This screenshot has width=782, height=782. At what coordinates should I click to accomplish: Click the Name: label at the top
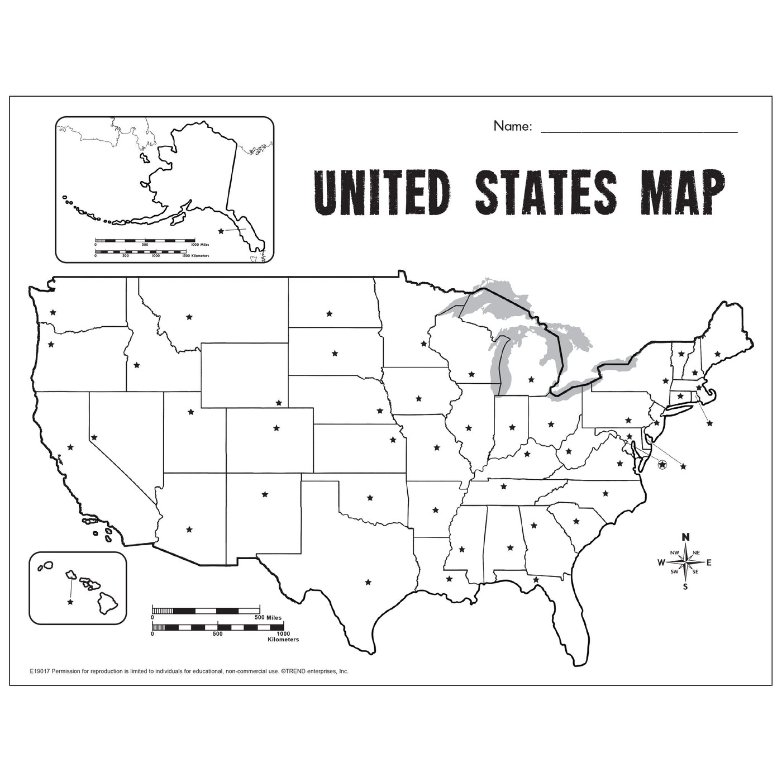pyautogui.click(x=512, y=127)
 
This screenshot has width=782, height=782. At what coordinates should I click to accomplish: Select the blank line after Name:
pyautogui.click(x=639, y=131)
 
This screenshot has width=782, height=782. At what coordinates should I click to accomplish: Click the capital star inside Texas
pyautogui.click(x=368, y=582)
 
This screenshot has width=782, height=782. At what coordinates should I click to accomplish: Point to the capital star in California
pyautogui.click(x=70, y=447)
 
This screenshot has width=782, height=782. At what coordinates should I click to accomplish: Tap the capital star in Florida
pyautogui.click(x=536, y=580)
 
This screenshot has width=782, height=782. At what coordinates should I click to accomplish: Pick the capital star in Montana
pyautogui.click(x=189, y=317)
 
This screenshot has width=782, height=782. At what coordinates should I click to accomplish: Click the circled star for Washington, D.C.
pyautogui.click(x=662, y=464)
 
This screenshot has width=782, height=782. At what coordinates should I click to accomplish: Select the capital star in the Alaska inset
pyautogui.click(x=221, y=231)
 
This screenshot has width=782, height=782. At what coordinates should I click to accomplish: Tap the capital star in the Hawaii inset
pyautogui.click(x=70, y=602)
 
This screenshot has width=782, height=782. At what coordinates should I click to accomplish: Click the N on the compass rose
pyautogui.click(x=686, y=537)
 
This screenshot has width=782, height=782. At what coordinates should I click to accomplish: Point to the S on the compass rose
pyautogui.click(x=685, y=587)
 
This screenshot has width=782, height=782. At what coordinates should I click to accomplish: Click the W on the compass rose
pyautogui.click(x=661, y=562)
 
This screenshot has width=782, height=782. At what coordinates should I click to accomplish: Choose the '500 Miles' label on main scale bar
pyautogui.click(x=268, y=618)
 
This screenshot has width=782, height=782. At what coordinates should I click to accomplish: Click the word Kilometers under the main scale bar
pyautogui.click(x=283, y=640)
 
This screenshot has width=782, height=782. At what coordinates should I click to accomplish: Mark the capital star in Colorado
pyautogui.click(x=276, y=428)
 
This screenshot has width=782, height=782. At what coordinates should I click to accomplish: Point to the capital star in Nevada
pyautogui.click(x=94, y=437)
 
